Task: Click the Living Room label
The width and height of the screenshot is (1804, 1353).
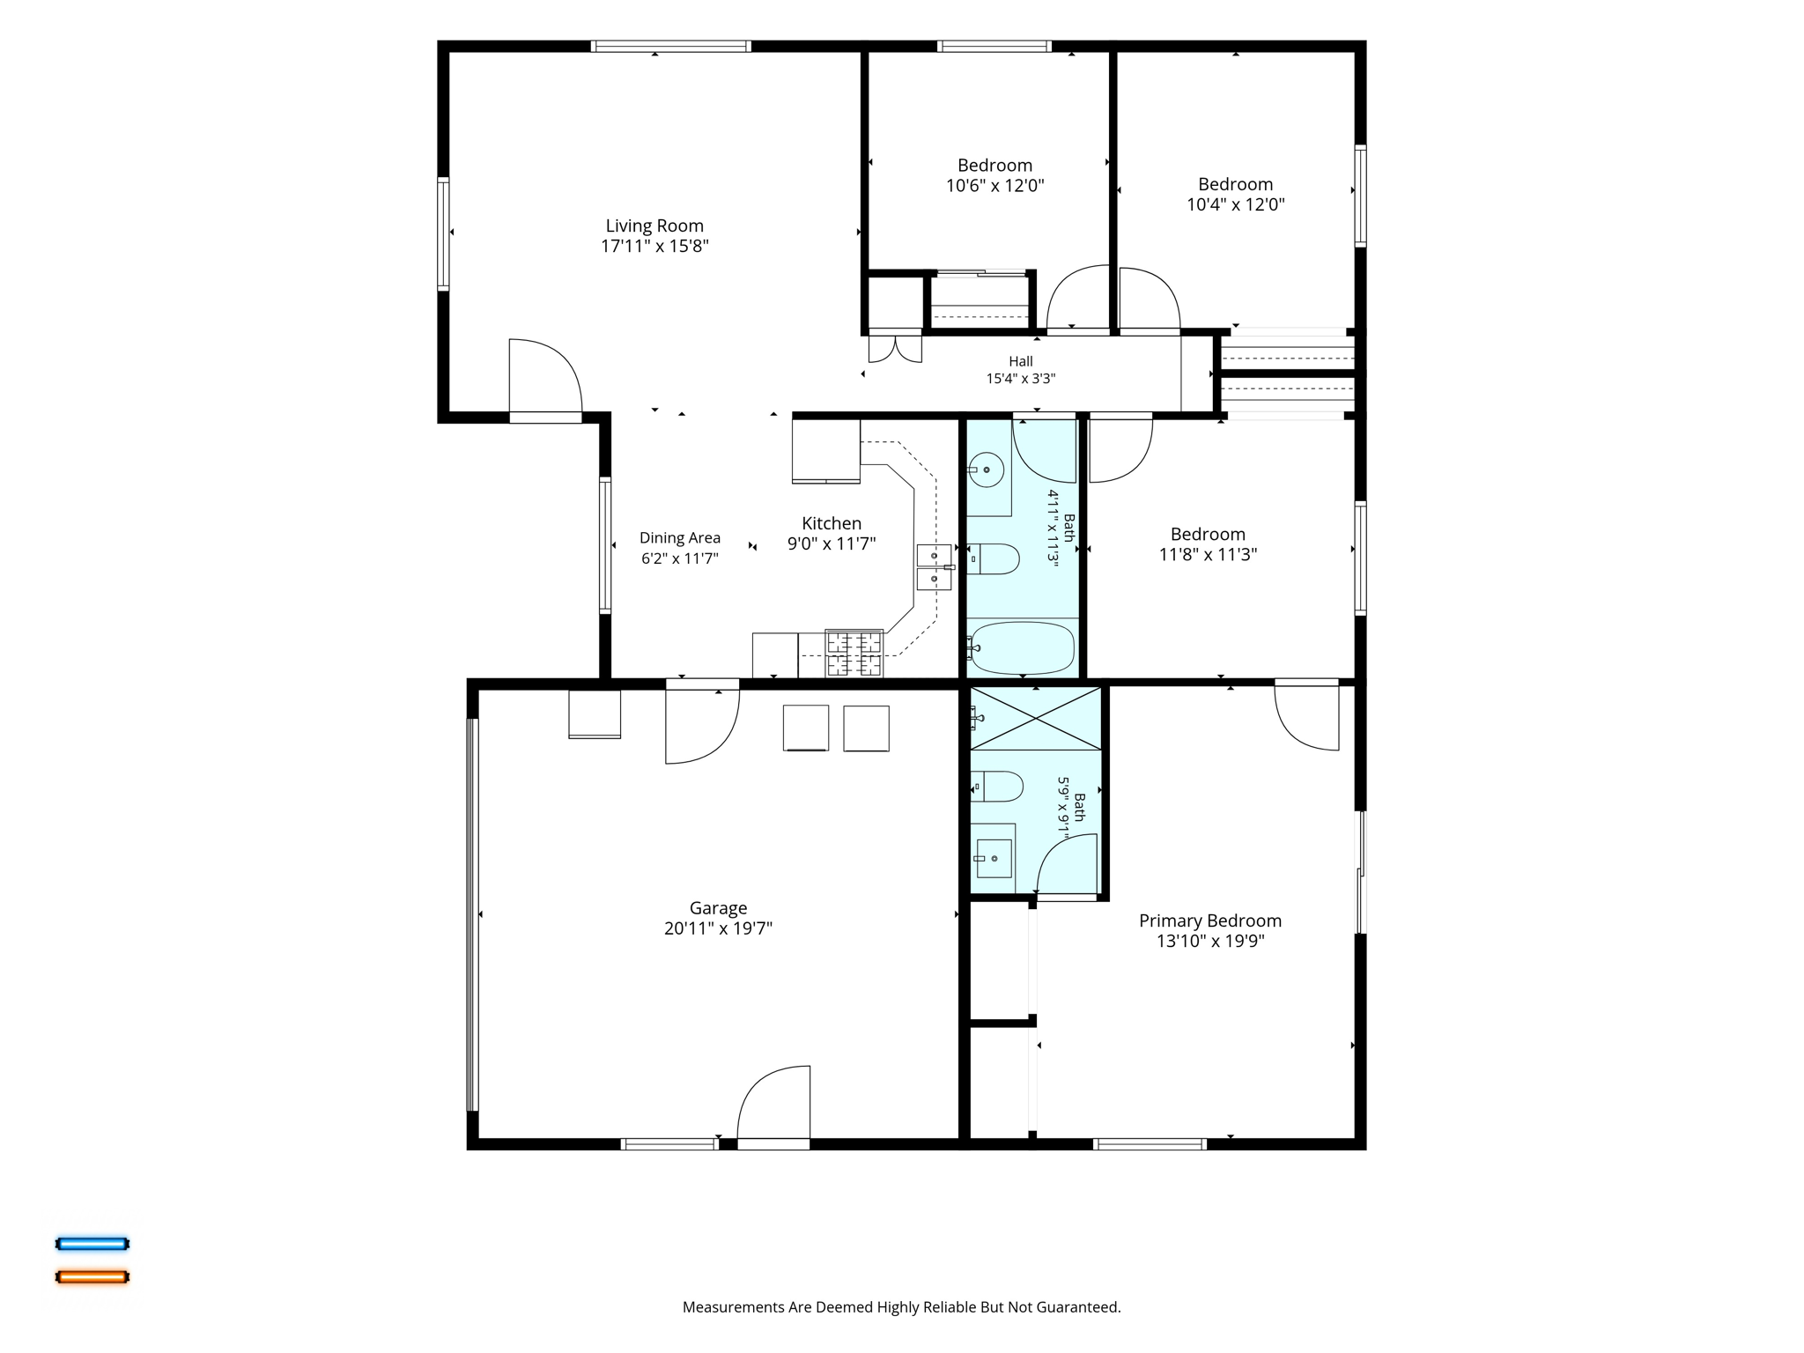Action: [654, 225]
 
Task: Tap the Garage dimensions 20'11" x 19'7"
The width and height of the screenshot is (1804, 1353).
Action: [718, 928]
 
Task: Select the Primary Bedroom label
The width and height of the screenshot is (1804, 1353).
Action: [1210, 920]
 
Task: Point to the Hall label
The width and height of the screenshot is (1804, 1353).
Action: [1021, 361]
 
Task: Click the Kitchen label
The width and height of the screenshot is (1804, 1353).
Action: [832, 523]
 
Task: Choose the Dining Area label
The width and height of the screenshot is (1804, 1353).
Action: [680, 538]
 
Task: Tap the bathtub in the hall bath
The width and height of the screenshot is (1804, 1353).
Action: [1022, 648]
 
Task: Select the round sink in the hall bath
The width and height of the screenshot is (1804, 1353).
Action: [987, 469]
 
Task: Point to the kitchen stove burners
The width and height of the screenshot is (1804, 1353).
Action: [854, 654]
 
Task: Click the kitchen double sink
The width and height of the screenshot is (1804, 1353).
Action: [934, 567]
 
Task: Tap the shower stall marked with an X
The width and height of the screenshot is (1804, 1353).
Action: [1036, 719]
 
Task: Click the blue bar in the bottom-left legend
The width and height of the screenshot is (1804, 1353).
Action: [92, 1244]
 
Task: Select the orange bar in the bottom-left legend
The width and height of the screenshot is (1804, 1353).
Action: [92, 1276]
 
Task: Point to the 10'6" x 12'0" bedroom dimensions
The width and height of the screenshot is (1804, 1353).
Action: [995, 186]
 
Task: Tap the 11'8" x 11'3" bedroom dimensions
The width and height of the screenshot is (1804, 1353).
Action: [1208, 554]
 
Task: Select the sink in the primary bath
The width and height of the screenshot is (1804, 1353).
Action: [994, 858]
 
